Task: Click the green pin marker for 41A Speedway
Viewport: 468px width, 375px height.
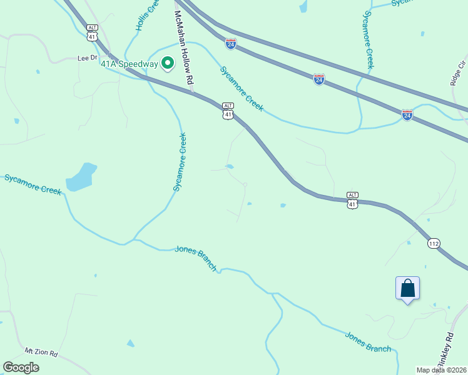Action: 168,63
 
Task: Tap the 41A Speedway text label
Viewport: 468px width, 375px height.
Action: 130,64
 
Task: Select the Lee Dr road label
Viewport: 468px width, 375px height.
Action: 88,57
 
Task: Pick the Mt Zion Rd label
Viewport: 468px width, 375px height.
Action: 41,353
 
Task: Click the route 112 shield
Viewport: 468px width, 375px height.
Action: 434,242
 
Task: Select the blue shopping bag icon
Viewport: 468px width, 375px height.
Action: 407,289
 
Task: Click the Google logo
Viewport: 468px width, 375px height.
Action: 21,367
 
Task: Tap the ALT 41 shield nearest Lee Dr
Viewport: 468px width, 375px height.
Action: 93,32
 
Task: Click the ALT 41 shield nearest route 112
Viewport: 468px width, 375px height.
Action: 352,200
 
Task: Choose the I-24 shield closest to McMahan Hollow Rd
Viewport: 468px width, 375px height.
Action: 231,44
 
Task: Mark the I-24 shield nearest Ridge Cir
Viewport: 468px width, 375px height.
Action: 407,114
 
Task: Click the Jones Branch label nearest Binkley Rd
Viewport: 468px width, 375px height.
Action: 368,342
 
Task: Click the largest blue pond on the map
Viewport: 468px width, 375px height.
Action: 81,177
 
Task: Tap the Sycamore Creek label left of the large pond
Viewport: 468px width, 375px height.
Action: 33,185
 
